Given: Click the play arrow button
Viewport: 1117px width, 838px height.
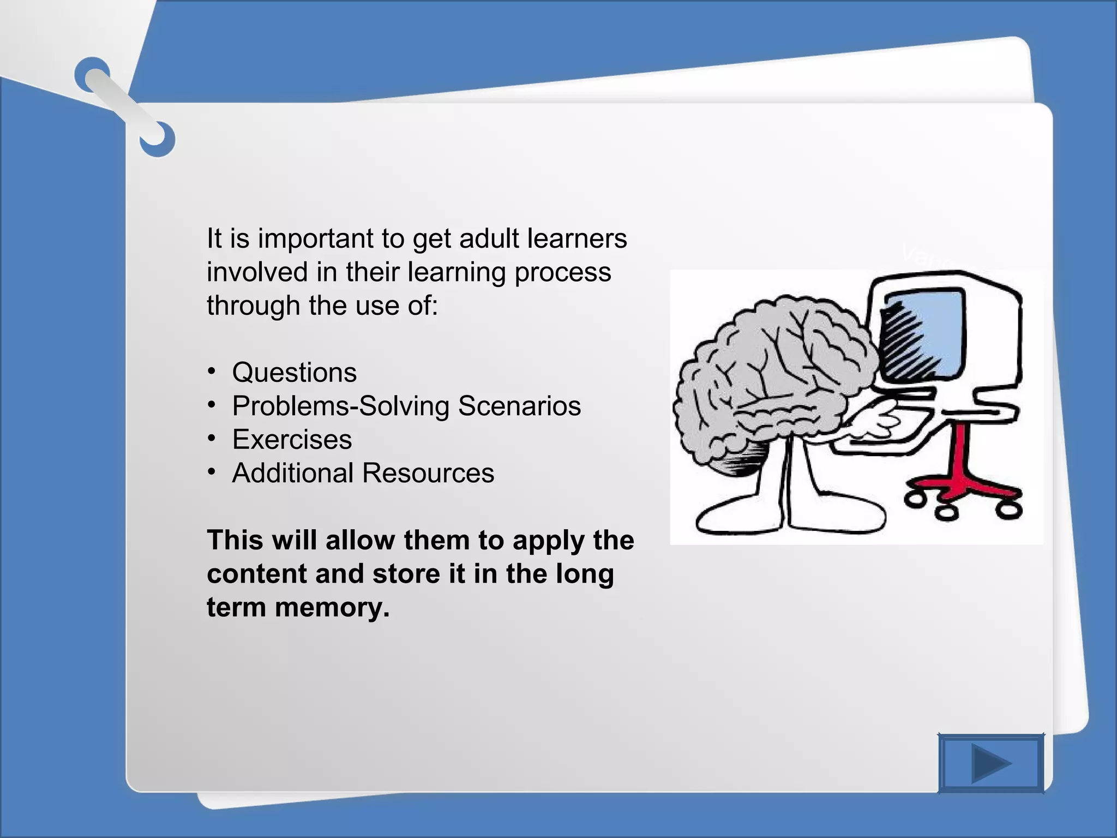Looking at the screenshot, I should click(990, 763).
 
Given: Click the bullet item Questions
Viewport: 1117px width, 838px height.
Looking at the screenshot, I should click(294, 373).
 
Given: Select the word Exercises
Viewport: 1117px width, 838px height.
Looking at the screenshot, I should click(292, 440).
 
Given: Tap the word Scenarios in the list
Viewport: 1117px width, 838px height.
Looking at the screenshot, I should click(519, 406).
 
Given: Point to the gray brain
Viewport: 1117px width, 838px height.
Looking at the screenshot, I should click(774, 376).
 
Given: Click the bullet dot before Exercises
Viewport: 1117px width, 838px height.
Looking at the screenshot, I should click(212, 439).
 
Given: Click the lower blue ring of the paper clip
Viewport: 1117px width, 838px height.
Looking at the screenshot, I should click(158, 139).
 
